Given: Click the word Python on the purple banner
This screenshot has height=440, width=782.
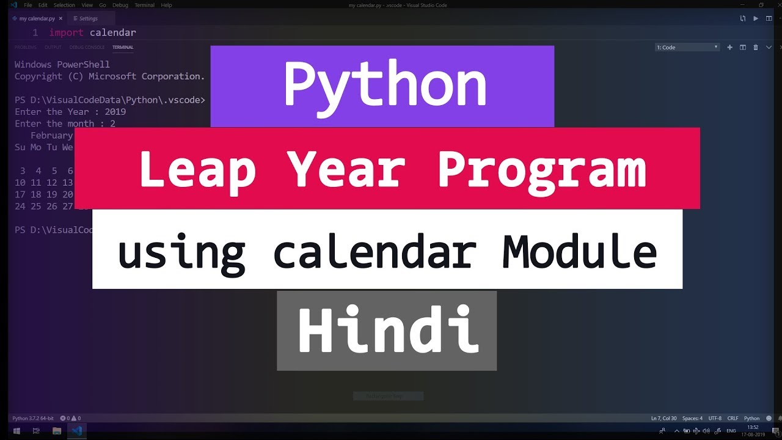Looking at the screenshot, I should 385,86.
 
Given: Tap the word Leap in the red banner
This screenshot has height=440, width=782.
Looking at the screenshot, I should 197,169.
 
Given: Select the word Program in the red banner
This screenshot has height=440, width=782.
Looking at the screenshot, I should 542,169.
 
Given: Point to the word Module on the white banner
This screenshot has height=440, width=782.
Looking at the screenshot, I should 579,252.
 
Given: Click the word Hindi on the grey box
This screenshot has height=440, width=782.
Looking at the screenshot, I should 387,331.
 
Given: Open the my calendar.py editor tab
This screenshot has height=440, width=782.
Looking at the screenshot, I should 37,18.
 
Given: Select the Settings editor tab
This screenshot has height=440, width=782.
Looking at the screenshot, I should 88,18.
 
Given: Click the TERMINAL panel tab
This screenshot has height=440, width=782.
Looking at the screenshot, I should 123,47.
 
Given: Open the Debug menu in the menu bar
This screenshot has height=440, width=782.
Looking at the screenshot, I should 120,5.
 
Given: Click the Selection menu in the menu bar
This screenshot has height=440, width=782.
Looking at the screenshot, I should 64,5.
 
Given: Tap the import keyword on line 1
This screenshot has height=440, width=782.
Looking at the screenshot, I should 66,32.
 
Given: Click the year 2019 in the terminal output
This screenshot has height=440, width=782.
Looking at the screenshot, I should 115,112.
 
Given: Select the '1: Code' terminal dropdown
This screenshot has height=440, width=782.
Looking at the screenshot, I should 687,47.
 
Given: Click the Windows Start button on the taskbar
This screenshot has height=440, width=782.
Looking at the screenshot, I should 16,431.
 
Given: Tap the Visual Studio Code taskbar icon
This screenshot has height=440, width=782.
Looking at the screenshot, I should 77,431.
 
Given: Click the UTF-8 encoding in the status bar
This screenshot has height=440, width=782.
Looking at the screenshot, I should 715,419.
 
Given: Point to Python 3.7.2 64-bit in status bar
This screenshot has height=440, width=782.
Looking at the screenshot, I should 33,419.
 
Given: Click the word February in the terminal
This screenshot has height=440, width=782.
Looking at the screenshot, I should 51,136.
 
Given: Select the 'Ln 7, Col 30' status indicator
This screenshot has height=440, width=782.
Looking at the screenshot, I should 663,419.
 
